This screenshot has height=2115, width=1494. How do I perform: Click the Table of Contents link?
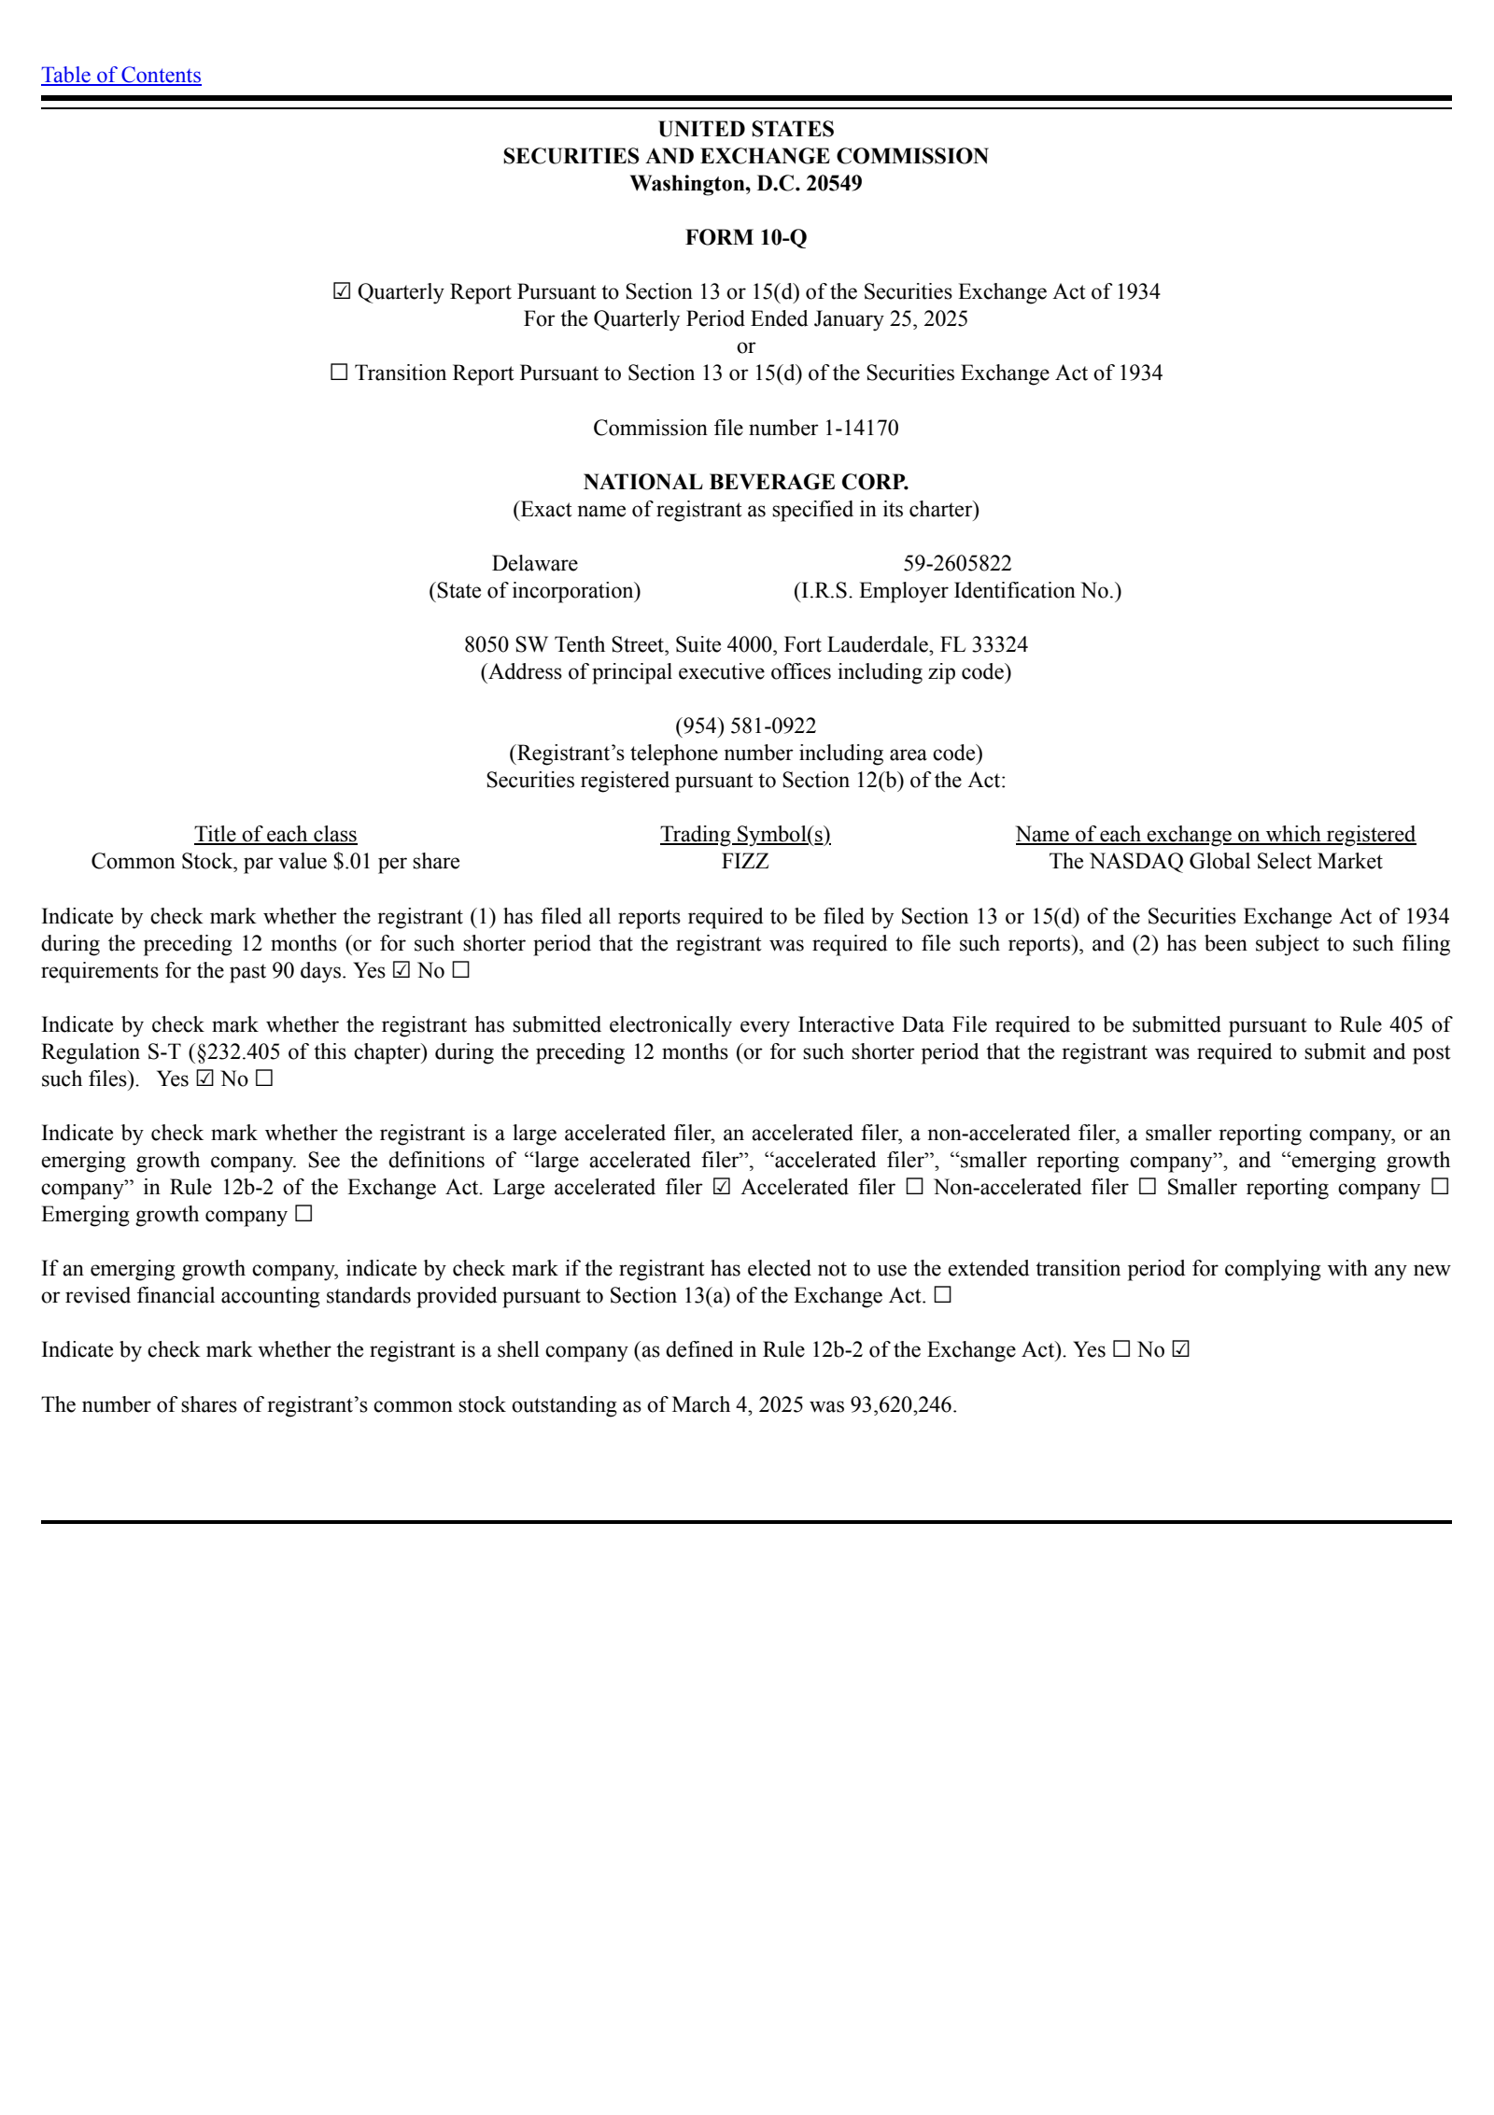[120, 76]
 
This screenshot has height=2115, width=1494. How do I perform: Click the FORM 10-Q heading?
[745, 237]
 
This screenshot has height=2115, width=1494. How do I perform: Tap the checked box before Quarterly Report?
[342, 292]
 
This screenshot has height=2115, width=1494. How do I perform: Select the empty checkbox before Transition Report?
[339, 374]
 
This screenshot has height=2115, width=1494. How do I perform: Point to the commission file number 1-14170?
[860, 428]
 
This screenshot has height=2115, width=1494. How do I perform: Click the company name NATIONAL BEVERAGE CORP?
[745, 482]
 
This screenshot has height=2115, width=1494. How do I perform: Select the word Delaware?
[534, 563]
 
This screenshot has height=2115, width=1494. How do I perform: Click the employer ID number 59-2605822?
[956, 563]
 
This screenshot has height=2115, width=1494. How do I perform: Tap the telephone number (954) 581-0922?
[745, 726]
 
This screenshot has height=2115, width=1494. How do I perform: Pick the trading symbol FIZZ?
[745, 861]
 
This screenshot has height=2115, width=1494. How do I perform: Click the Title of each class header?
[275, 834]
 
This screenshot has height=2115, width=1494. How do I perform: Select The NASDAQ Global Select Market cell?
[1215, 861]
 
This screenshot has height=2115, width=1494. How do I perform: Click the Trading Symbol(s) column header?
[745, 834]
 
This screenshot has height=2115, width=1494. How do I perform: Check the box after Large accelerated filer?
[721, 1188]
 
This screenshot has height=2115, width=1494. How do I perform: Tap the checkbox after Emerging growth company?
[303, 1215]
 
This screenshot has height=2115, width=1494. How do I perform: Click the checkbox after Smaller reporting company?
[1440, 1188]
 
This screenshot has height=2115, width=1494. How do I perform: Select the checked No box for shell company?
[1180, 1350]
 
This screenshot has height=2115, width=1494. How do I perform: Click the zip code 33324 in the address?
[999, 644]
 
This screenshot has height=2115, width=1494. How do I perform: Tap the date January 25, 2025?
[890, 319]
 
